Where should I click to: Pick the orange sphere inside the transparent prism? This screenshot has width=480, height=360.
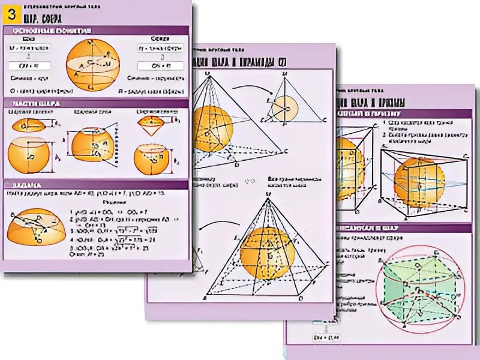pyautogui.click(x=419, y=182)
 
